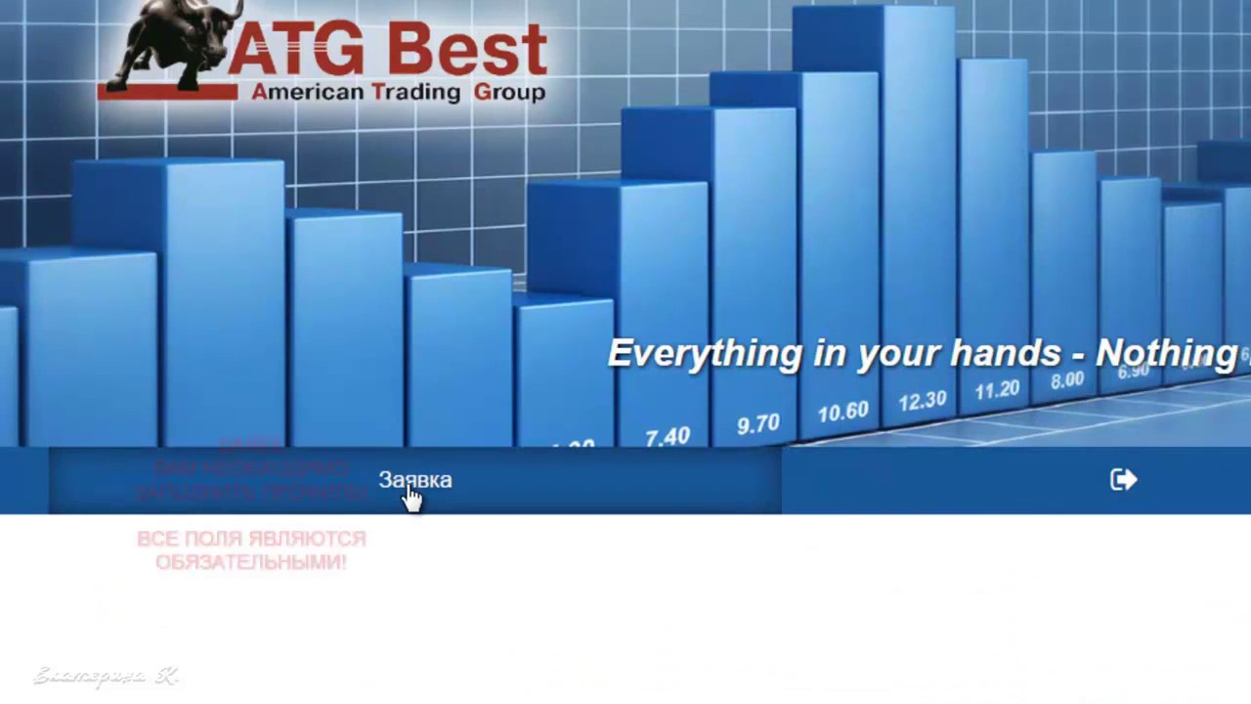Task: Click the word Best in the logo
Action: pos(466,49)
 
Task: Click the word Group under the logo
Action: pos(509,93)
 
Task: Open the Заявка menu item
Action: pos(415,480)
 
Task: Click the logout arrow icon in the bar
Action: pos(1123,479)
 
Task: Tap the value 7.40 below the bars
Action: pos(668,436)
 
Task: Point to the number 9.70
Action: pos(758,424)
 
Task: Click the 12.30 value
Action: pos(923,401)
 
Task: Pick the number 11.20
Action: pos(997,390)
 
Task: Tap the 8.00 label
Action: pos(1067,380)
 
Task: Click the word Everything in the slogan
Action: pos(704,353)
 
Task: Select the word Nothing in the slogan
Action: pos(1166,352)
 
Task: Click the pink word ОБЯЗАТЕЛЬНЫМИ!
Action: pos(251,562)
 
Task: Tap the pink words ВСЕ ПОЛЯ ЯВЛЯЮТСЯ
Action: pos(251,539)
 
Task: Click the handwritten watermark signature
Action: pos(106,676)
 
